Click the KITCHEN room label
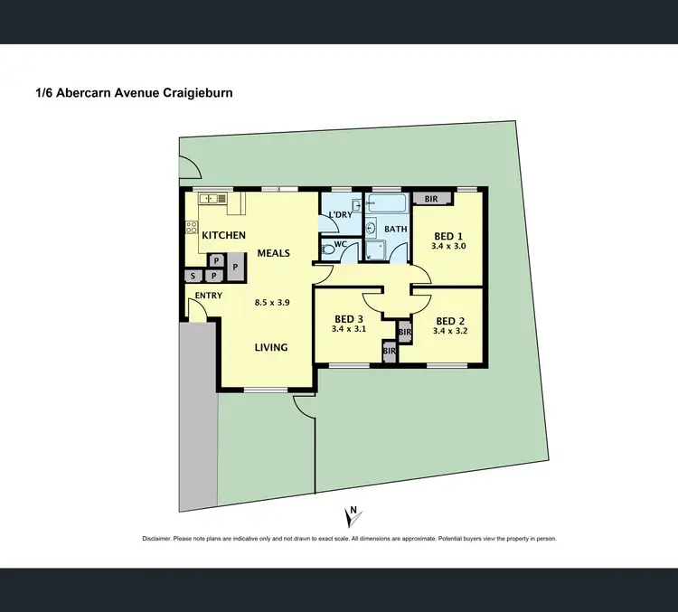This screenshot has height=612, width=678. pos(223,235)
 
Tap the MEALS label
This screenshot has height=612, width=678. pos(273,253)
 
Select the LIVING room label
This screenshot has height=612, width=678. pos(270,347)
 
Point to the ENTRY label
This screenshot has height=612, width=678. pos(208,296)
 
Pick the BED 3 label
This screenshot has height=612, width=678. pos(348,319)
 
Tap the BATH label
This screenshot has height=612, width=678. pos(396,230)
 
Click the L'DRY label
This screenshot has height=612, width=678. pos(340,214)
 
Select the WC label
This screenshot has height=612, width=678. pos(341,244)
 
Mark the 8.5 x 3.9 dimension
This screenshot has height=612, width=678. pos(271,303)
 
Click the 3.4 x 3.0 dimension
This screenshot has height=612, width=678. pos(448,245)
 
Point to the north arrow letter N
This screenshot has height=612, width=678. pos(354,509)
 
